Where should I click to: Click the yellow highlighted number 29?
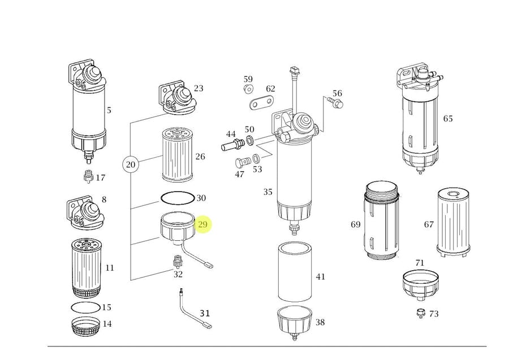coord(202,224)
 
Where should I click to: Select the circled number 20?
coord(131,165)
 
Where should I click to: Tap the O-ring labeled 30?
coord(178,197)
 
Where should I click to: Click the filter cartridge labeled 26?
coord(177,155)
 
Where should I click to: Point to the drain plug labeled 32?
coord(177,261)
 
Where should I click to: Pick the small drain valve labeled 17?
coord(88,176)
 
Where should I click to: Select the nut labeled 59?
coord(248,88)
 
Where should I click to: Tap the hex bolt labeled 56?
coord(335,102)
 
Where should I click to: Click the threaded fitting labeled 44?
coord(233,145)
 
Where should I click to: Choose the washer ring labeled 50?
coord(250,140)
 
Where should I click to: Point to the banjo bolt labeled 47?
coord(243,162)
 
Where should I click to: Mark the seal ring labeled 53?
coord(256,158)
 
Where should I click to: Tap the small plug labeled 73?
coord(421,313)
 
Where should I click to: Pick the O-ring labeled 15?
coord(85,307)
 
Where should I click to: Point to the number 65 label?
coord(448,118)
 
